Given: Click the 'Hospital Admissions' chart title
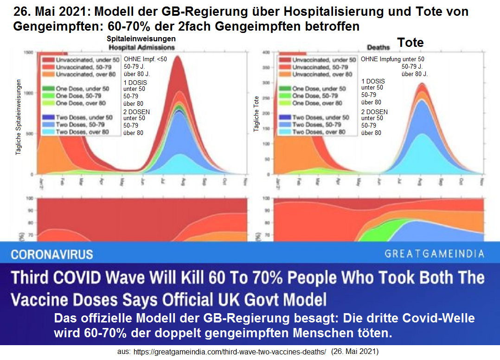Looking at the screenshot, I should pyautogui.click(x=141, y=47).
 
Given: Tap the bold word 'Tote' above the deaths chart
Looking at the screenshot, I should pyautogui.click(x=410, y=43).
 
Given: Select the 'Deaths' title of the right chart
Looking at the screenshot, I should pyautogui.click(x=378, y=47).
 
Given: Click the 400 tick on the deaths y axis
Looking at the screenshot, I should pyautogui.click(x=266, y=52).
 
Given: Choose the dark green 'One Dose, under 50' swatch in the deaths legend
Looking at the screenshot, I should pyautogui.click(x=284, y=88).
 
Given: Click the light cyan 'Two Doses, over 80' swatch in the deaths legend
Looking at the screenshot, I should pyautogui.click(x=284, y=132).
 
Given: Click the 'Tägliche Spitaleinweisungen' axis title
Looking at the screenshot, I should pyautogui.click(x=19, y=116).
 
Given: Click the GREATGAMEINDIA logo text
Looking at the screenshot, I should pyautogui.click(x=434, y=254).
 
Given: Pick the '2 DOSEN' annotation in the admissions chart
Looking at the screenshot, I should pyautogui.click(x=136, y=112).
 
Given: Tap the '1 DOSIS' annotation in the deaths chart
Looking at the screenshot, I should pyautogui.click(x=373, y=81).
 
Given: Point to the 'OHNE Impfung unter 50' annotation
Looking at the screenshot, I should pyautogui.click(x=392, y=59).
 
